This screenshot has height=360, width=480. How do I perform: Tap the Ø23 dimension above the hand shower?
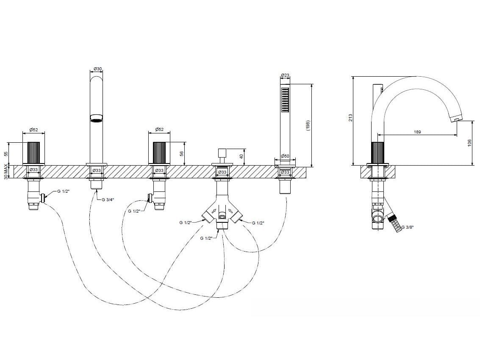tap(285, 75)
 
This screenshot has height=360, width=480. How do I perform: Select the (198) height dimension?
tap(308, 125)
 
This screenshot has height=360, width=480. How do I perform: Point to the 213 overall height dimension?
tap(351, 118)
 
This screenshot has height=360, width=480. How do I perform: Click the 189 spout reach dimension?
tap(417, 132)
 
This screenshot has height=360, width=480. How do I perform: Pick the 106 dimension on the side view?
tap(469, 143)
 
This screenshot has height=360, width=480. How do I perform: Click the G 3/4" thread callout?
tap(108, 200)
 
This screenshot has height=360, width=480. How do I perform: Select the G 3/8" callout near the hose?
tap(408, 227)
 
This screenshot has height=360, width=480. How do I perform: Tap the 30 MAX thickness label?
tap(6, 171)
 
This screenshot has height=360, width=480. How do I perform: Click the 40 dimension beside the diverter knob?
tap(241, 156)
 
